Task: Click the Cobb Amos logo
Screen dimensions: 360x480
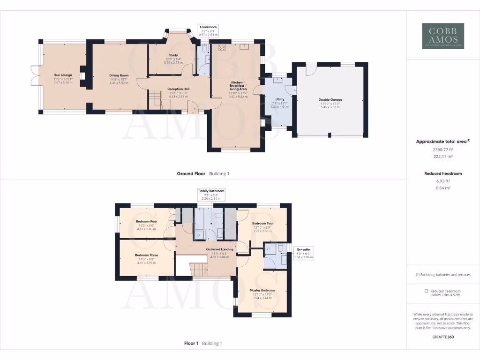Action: pos(443,36)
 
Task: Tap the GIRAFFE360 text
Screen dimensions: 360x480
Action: pos(443,337)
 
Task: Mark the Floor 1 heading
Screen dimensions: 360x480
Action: pos(190,344)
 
